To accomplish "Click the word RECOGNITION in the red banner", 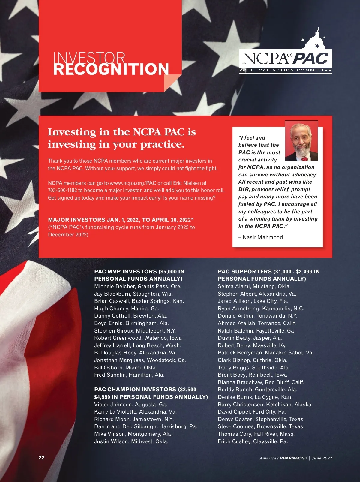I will (x=111, y=69).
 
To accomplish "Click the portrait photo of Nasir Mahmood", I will (x=301, y=141).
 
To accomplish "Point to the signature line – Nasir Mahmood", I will (x=260, y=237).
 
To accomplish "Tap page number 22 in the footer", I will (x=41, y=458).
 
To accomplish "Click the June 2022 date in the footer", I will (x=322, y=458).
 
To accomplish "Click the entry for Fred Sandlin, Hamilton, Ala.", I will (x=129, y=375).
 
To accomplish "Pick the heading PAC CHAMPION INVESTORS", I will (x=135, y=390).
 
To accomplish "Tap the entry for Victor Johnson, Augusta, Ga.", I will (x=130, y=405).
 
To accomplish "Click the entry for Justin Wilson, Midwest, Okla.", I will (x=131, y=441).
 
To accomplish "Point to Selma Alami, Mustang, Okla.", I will (x=254, y=286).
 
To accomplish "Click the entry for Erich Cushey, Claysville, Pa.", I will (x=253, y=441).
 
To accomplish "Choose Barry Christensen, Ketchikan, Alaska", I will (x=264, y=405).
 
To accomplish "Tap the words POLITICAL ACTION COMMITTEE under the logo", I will (x=285, y=70).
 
